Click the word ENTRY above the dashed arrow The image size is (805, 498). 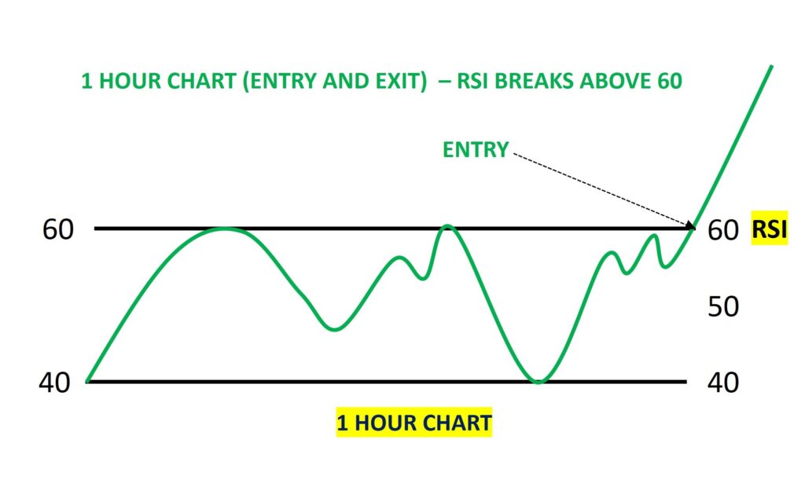pyautogui.click(x=475, y=150)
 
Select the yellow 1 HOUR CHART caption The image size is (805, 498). pyautogui.click(x=414, y=423)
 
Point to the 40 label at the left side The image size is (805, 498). pyautogui.click(x=54, y=383)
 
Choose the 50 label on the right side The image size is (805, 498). pyautogui.click(x=722, y=306)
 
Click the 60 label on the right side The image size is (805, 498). pyautogui.click(x=722, y=230)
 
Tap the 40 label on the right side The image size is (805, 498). pyautogui.click(x=722, y=383)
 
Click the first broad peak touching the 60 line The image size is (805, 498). pyautogui.click(x=225, y=229)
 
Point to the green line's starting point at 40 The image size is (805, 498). pyautogui.click(x=87, y=381)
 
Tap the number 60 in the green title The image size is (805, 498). pyautogui.click(x=668, y=82)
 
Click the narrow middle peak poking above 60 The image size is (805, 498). pyautogui.click(x=447, y=226)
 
